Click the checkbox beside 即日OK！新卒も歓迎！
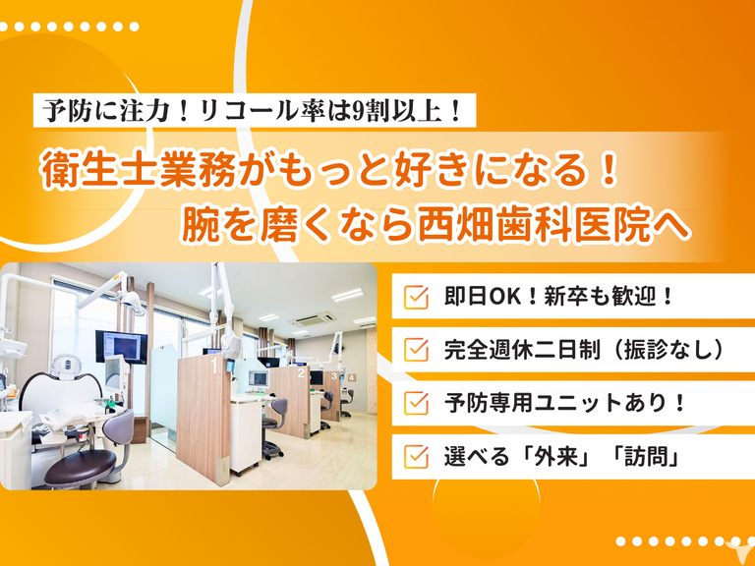[x=416, y=298]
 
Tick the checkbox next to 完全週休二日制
[x=416, y=350]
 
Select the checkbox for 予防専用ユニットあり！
[x=416, y=403]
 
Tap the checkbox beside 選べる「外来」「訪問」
[x=416, y=456]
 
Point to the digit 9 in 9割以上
[x=358, y=111]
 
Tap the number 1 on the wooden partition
[x=213, y=365]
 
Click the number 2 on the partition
[x=301, y=372]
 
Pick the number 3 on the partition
[x=333, y=376]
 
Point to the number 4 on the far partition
[x=352, y=377]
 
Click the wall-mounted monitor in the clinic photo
[x=121, y=346]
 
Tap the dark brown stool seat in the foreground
[x=80, y=467]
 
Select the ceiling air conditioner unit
[x=312, y=319]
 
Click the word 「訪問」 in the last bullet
[x=646, y=456]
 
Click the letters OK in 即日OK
[x=505, y=297]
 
